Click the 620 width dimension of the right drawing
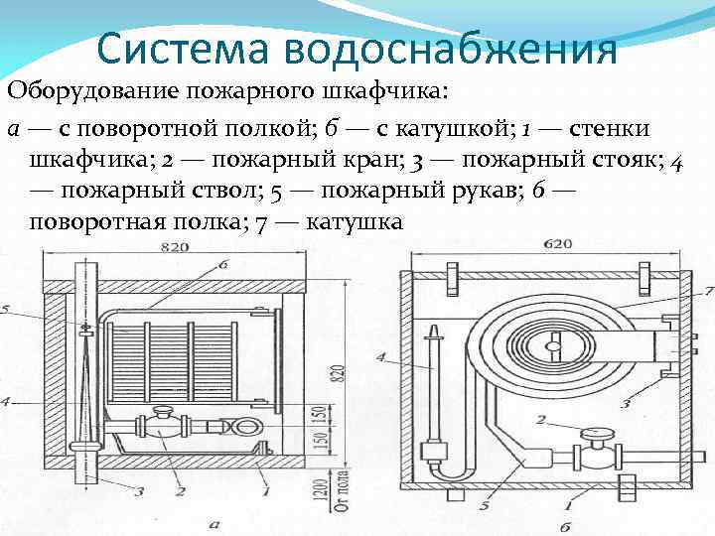(x=558, y=242)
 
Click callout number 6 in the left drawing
(x=222, y=265)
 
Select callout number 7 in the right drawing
(x=708, y=291)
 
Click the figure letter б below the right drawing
(x=566, y=525)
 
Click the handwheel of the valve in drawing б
(x=598, y=433)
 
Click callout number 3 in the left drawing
(x=138, y=490)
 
